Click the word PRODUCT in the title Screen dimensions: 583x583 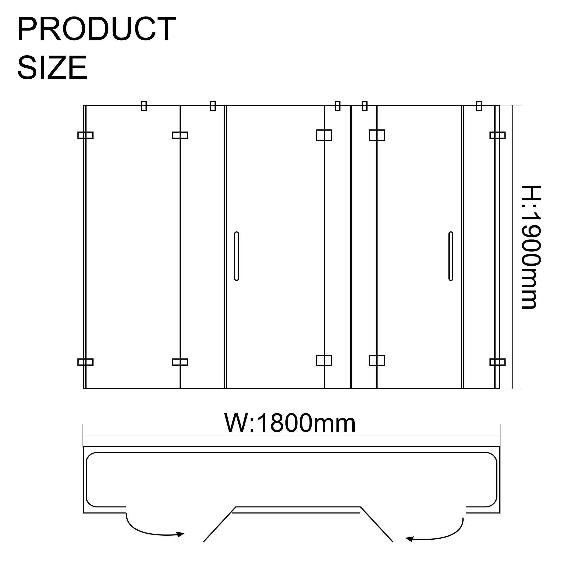[x=97, y=29]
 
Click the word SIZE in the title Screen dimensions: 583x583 [x=52, y=68]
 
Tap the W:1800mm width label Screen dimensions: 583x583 [x=290, y=423]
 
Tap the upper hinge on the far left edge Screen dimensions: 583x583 [x=85, y=135]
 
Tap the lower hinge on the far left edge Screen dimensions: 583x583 [x=85, y=362]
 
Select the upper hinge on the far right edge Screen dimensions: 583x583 [x=497, y=135]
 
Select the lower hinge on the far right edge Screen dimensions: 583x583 [x=497, y=362]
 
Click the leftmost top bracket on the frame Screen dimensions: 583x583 [x=144, y=106]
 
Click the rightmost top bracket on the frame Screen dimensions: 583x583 [x=479, y=106]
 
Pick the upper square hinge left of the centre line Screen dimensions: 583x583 [x=324, y=135]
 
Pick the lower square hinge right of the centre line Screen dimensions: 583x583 [x=377, y=360]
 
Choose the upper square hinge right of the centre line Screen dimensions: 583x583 [x=377, y=135]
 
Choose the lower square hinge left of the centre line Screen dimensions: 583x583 [x=324, y=360]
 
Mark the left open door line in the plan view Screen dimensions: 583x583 [x=220, y=524]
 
